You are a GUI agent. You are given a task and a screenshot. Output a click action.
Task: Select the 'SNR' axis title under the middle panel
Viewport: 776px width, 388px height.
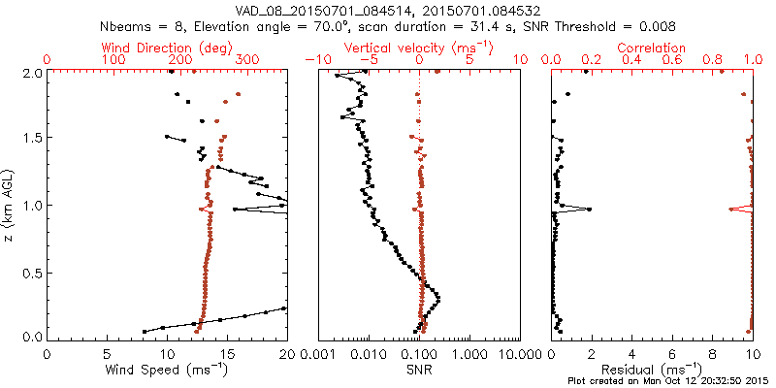pyautogui.click(x=418, y=369)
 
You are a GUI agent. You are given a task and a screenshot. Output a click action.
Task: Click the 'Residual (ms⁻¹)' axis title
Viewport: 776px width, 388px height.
pyautogui.click(x=652, y=370)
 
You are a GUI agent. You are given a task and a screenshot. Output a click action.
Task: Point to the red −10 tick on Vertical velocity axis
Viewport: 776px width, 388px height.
pyautogui.click(x=313, y=60)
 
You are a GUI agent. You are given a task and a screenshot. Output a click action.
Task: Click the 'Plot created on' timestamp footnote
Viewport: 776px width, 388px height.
pyautogui.click(x=668, y=381)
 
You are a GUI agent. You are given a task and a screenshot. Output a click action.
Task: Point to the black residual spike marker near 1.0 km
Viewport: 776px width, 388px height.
pyautogui.click(x=588, y=209)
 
